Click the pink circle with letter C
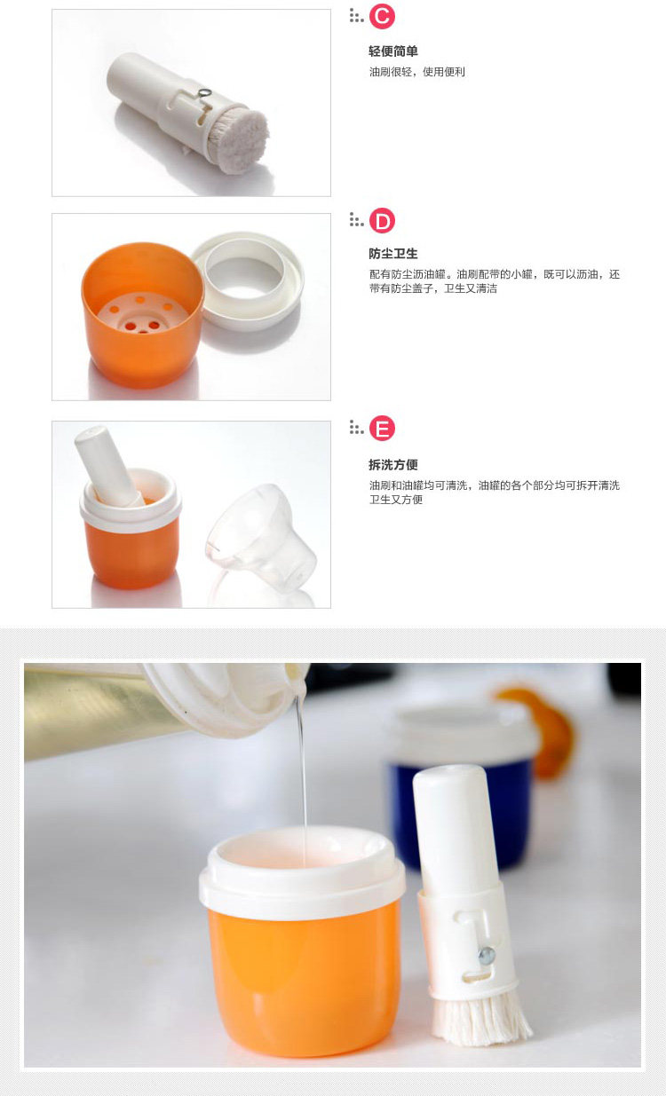click(382, 16)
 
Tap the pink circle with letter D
click(382, 221)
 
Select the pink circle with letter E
click(382, 428)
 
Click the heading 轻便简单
click(393, 51)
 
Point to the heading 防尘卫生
click(393, 254)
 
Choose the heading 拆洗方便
click(393, 464)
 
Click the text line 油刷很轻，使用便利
click(417, 72)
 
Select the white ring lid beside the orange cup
click(247, 280)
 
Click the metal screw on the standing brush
click(487, 954)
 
